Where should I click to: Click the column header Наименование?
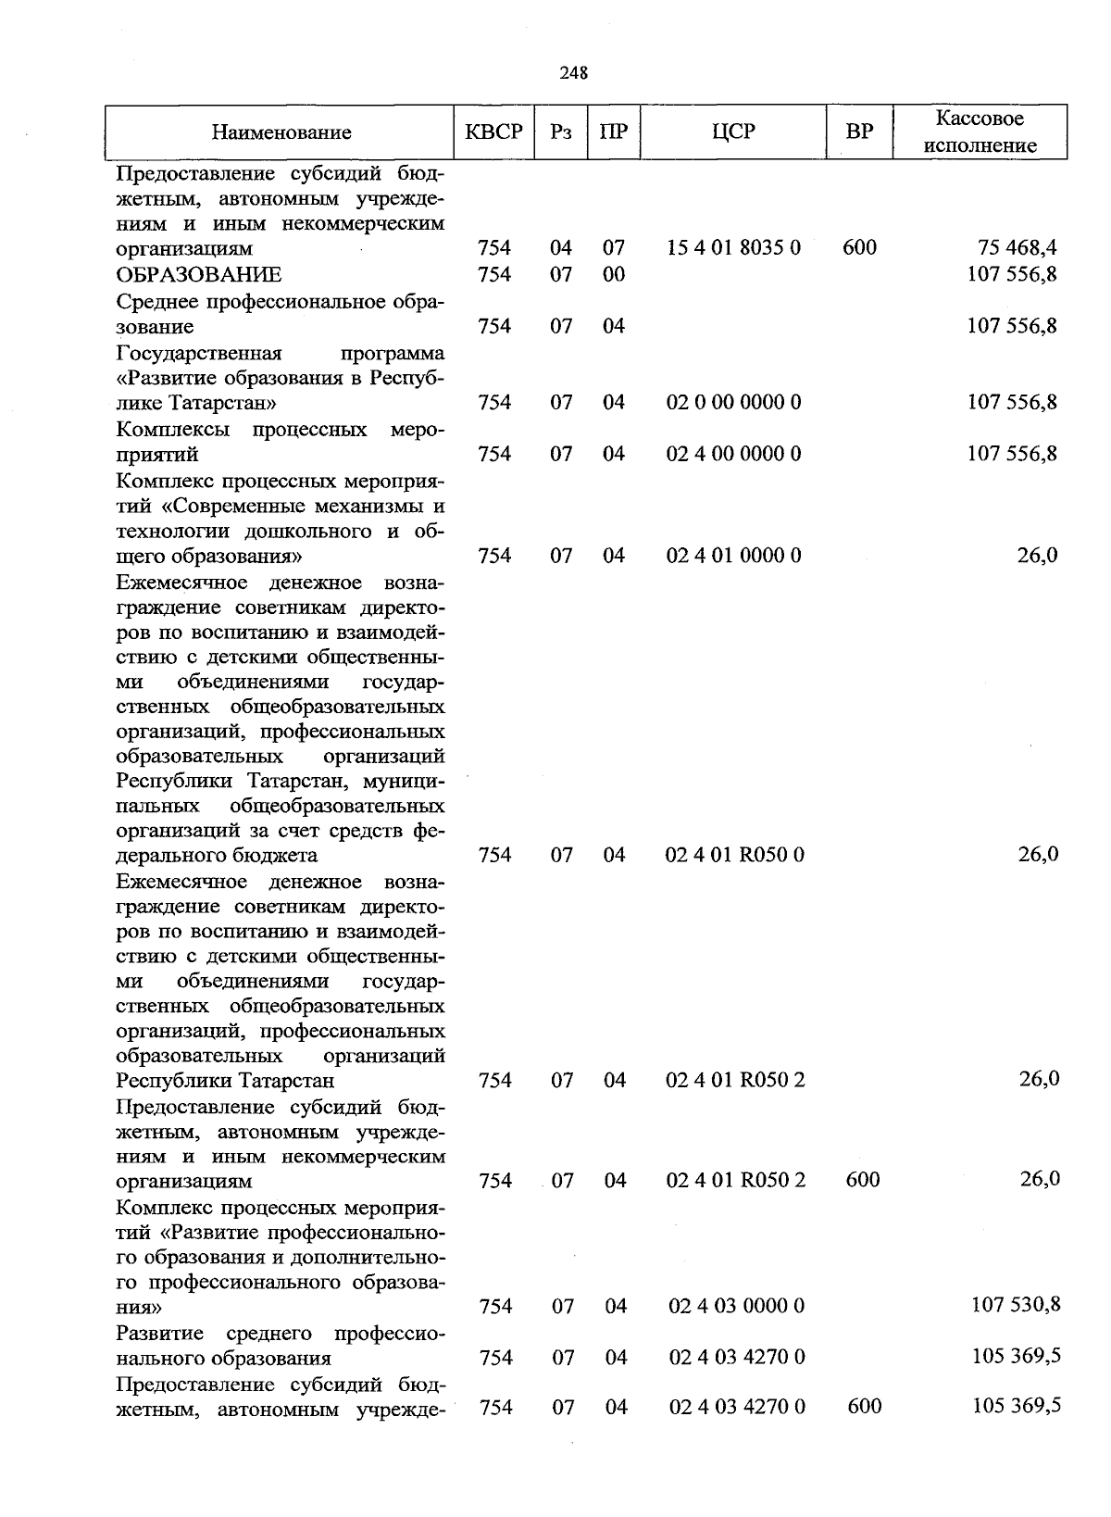[281, 132]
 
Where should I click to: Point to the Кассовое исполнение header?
[980, 132]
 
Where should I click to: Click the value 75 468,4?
[1017, 248]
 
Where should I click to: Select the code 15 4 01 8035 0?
[733, 248]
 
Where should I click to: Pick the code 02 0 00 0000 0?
[733, 403]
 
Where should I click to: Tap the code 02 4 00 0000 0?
[733, 454]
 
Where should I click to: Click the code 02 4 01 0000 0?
[733, 556]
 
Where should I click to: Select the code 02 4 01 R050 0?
[734, 855]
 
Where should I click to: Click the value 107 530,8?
[1016, 1305]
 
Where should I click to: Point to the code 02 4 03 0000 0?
[736, 1306]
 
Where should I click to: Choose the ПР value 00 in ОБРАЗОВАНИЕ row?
[614, 275]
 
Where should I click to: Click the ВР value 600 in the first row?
[859, 248]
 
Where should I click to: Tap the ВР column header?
[859, 132]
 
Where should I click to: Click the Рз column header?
[561, 132]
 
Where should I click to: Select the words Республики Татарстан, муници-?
[281, 780]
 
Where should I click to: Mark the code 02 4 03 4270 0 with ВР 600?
[736, 1407]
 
